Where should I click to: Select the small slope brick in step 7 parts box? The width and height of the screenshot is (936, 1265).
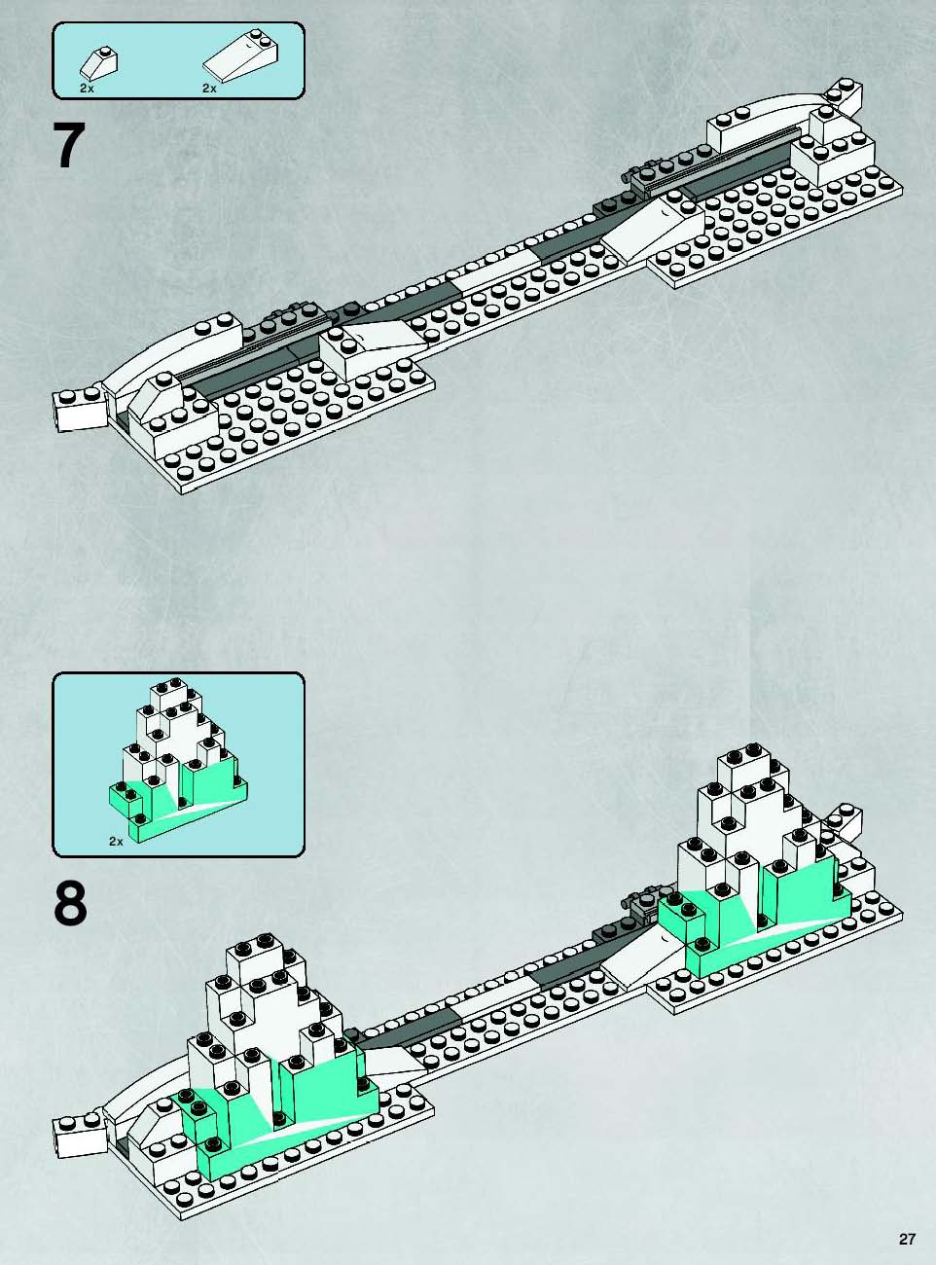tap(99, 62)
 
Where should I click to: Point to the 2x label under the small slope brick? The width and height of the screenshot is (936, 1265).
tap(87, 89)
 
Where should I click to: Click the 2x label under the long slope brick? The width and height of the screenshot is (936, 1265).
tap(209, 89)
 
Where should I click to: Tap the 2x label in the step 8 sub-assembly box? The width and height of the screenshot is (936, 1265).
tap(117, 842)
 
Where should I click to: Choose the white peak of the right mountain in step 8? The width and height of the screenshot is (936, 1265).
tap(753, 810)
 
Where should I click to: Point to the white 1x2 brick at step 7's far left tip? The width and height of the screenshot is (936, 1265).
tap(79, 410)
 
